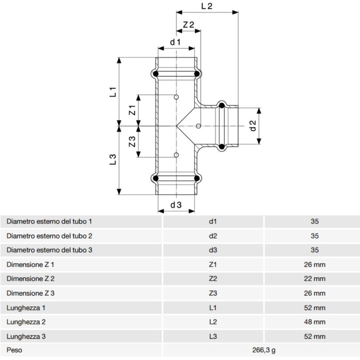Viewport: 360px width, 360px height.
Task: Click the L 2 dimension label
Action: [206, 6]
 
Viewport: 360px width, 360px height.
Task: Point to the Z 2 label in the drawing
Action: [188, 25]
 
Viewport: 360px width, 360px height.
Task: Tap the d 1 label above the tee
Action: [175, 42]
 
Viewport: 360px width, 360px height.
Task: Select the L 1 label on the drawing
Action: [113, 92]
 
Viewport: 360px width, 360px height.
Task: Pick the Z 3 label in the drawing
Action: [132, 141]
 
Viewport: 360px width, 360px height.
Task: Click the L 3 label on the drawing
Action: [113, 159]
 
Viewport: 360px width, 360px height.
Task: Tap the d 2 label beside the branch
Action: [253, 126]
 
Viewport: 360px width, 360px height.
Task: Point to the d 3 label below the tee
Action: [176, 205]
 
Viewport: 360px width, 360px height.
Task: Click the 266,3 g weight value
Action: [261, 350]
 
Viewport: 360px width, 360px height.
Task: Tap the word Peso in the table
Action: [14, 350]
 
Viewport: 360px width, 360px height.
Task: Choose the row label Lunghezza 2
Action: [26, 322]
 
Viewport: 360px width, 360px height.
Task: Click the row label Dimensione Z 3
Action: [30, 293]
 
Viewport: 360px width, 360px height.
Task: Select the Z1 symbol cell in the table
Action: [213, 265]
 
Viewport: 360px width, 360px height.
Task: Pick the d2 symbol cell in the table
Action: [213, 236]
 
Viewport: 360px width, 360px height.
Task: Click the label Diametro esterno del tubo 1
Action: [50, 222]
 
